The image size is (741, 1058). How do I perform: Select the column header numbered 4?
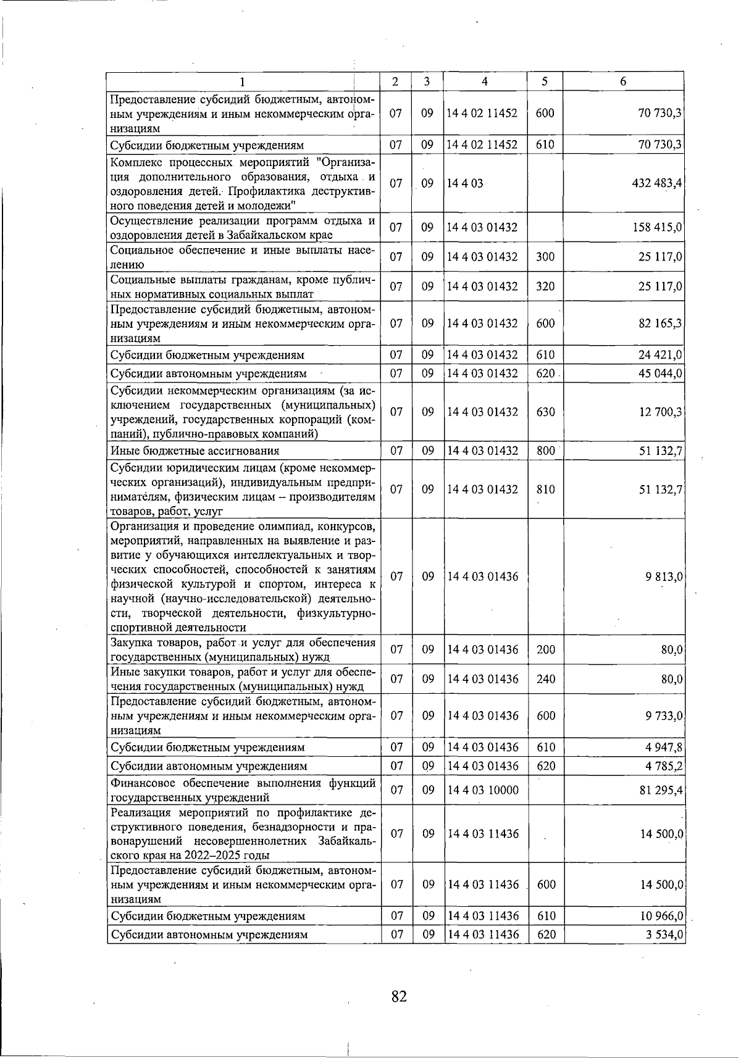(485, 81)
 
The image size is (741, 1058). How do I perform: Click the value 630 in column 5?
(546, 412)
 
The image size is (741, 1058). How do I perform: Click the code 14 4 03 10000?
(482, 790)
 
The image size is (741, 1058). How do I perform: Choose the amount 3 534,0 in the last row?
(664, 935)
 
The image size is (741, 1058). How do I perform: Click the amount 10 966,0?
(660, 916)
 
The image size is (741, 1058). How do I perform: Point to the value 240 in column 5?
(546, 679)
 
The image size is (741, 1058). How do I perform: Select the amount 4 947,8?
(664, 748)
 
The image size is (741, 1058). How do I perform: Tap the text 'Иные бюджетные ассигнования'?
(195, 451)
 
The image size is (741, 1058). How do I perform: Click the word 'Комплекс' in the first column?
(134, 162)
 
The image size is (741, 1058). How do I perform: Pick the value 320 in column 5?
(546, 286)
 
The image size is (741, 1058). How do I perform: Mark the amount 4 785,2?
(664, 766)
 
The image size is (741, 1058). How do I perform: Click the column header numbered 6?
(623, 81)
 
